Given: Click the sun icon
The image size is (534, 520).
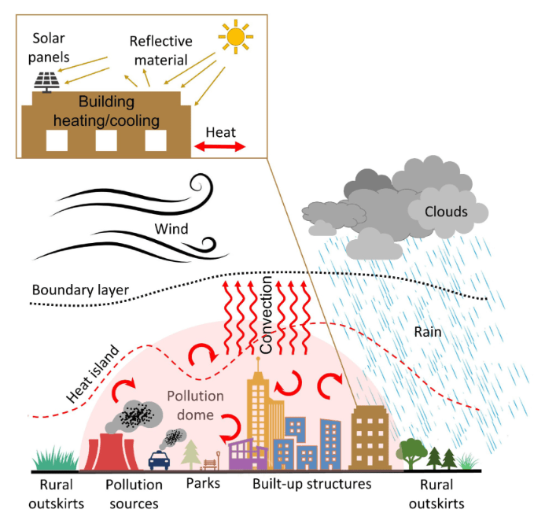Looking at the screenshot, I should pyautogui.click(x=235, y=36).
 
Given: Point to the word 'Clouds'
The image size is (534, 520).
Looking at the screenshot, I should pyautogui.click(x=446, y=212).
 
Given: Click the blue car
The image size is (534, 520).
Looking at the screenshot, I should pyautogui.click(x=159, y=459).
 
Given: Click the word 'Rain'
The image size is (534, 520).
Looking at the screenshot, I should pyautogui.click(x=429, y=332).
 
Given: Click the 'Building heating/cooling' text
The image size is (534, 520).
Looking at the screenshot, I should pyautogui.click(x=107, y=112).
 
